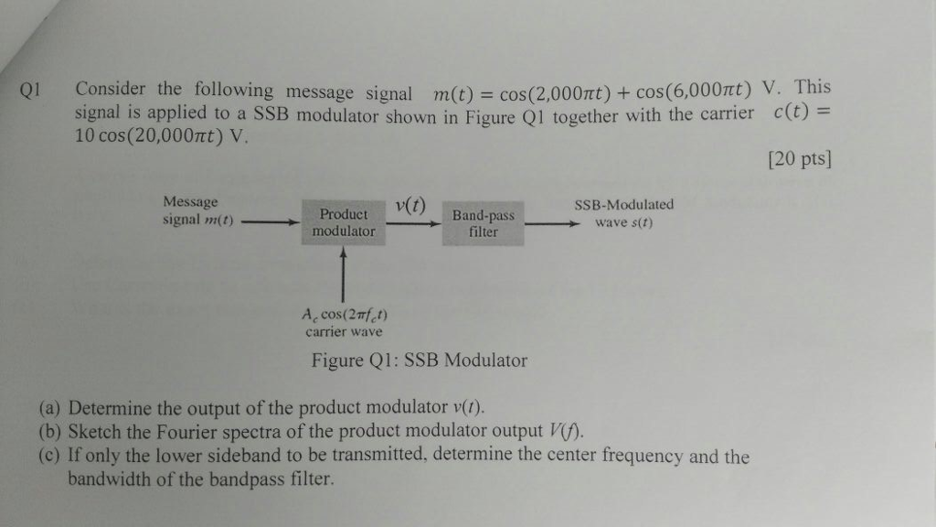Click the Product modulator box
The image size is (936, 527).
[x=343, y=222]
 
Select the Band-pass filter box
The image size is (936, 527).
[x=484, y=224]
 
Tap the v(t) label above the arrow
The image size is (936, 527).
[x=410, y=205]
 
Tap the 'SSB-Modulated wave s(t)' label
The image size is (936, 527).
[x=623, y=213]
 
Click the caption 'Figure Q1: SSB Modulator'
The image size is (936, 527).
[x=420, y=360]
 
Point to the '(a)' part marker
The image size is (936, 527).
[x=51, y=407]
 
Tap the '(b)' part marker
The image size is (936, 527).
[x=51, y=432]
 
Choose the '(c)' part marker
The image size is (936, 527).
[x=51, y=456]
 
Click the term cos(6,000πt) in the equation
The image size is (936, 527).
[x=693, y=90]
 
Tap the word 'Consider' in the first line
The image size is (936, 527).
[x=110, y=90]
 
